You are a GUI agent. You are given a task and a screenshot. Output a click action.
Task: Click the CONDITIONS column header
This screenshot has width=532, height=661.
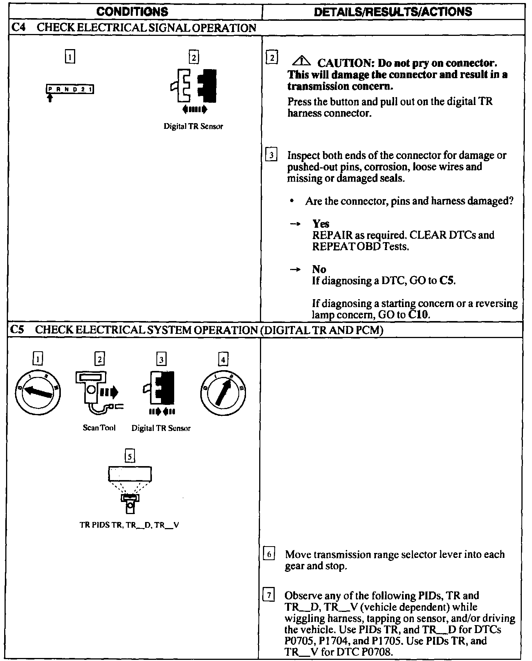tap(132, 11)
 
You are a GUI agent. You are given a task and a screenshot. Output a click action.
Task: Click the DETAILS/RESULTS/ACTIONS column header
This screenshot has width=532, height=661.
tap(393, 11)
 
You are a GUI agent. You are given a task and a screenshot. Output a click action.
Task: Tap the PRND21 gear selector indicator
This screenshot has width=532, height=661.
tap(70, 90)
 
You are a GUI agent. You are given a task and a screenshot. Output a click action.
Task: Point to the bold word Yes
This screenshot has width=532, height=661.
tap(321, 224)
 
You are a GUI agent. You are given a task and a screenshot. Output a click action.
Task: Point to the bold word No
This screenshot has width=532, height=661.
tap(319, 269)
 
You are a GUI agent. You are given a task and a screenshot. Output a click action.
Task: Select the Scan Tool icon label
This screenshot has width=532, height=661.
tap(99, 428)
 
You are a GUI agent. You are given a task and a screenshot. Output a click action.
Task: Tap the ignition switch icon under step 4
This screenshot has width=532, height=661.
tap(223, 393)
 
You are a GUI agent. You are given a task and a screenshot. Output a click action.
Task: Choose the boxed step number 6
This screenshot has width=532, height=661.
tap(269, 554)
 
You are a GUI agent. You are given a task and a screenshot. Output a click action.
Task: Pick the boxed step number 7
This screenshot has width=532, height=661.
tap(269, 596)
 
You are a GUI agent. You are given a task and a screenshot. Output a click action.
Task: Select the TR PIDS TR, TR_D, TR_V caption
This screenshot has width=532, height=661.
tap(129, 525)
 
